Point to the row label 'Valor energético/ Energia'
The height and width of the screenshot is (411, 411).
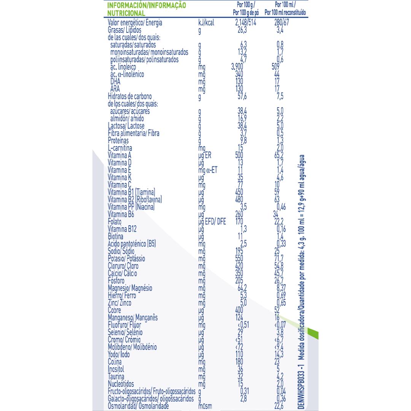click(135, 23)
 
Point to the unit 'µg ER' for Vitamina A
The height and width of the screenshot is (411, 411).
click(205, 155)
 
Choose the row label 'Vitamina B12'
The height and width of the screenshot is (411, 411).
click(123, 229)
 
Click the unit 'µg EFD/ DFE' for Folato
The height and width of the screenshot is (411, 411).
click(212, 221)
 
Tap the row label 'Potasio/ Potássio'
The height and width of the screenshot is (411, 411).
click(126, 259)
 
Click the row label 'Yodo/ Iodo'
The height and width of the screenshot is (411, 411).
click(119, 354)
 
